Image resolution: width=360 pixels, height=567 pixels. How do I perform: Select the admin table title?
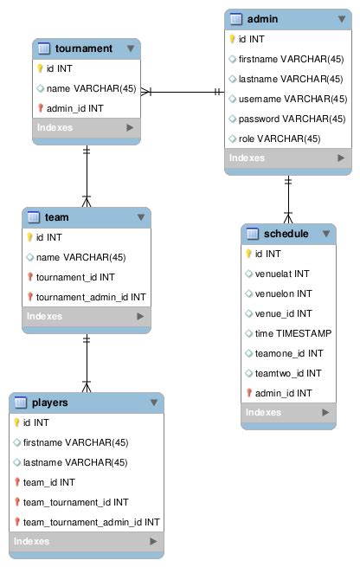(x=263, y=18)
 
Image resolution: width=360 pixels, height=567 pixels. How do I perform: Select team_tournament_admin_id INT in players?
(x=91, y=521)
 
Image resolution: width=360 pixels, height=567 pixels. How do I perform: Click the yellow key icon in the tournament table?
(x=41, y=68)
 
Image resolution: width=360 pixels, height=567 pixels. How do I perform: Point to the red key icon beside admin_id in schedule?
(x=247, y=393)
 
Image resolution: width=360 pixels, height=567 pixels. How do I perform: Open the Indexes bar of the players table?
(x=86, y=541)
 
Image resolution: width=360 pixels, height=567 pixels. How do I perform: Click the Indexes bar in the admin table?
(x=288, y=158)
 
